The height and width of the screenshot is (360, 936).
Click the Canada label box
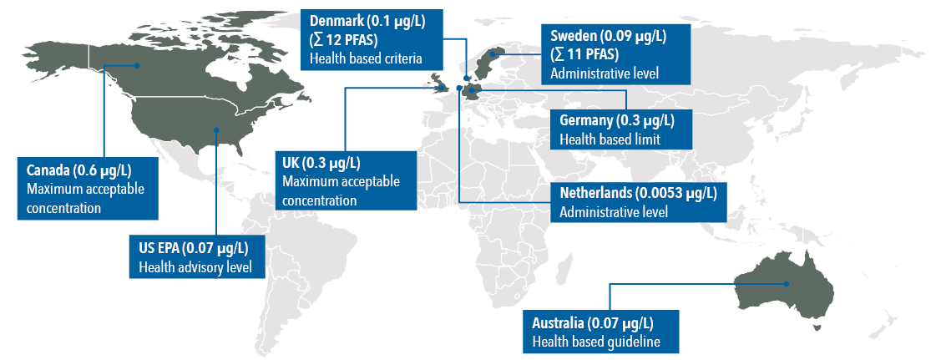pos(86,187)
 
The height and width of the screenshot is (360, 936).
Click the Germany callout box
pos(617,129)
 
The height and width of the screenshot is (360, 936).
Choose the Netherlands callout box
pos(638,202)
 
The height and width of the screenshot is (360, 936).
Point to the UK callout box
pos(345,180)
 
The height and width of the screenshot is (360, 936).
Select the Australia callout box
pos(595,332)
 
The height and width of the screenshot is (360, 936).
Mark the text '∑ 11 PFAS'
pos(584,54)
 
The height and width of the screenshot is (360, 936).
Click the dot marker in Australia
pos(787,284)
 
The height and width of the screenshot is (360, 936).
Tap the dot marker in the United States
pos(217,129)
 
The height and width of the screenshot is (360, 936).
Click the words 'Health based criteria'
pos(365,58)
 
